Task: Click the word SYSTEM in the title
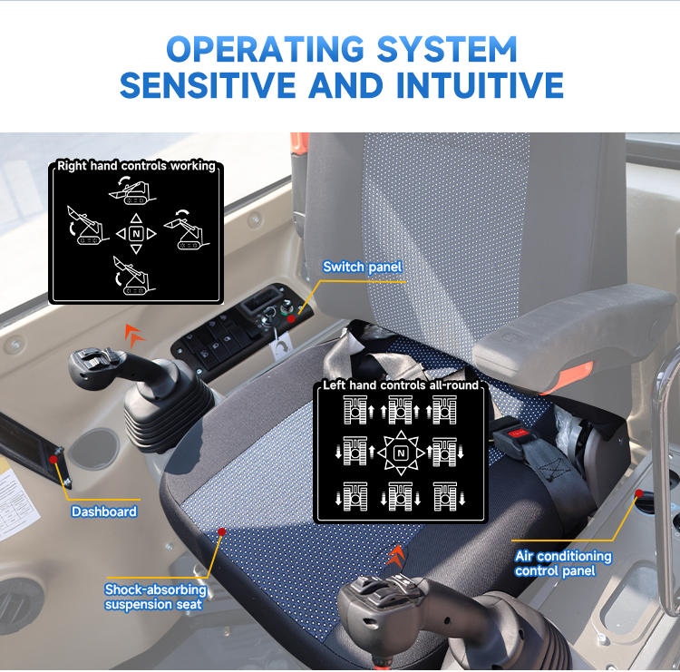[447, 49]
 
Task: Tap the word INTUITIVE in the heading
[480, 85]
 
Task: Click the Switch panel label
[363, 267]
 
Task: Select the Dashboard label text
[104, 511]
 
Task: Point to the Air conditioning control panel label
[563, 563]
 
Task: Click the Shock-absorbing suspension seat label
[155, 597]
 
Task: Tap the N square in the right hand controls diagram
[136, 234]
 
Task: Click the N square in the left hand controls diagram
[401, 453]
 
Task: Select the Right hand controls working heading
[136, 166]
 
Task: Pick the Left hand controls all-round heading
[401, 385]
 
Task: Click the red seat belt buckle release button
[518, 432]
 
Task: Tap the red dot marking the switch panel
[291, 319]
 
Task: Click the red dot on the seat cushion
[221, 531]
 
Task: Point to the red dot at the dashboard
[53, 460]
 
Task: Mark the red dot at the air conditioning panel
[639, 493]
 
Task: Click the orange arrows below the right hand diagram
[134, 336]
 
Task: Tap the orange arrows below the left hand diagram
[396, 556]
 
